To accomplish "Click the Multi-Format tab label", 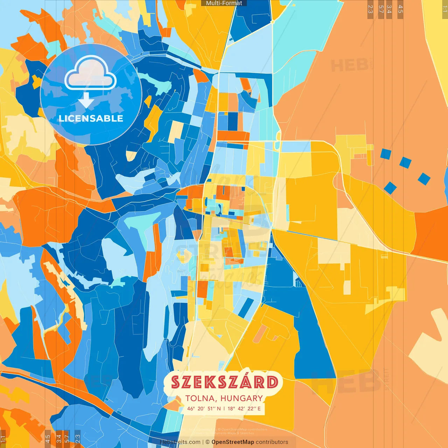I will pos(224,3).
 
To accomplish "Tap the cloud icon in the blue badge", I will pos(91,74).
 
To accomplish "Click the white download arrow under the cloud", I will pos(86,100).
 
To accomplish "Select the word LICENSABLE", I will pos(91,118).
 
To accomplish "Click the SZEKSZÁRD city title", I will pos(224,382).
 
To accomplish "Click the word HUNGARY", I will pos(241,398).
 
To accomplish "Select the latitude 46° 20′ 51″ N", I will pos(204,408).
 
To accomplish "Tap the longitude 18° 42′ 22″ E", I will pos(244,408).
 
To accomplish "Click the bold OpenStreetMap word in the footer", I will pos(233,442).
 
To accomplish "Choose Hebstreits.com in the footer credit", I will pos(180,442).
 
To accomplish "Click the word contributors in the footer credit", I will pos(272,442).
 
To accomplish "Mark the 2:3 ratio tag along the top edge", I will pos(370,9).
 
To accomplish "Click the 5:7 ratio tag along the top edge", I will pos(381,9).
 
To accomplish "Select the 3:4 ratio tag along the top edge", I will pos(389,9).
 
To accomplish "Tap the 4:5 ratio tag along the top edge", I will pos(400,9).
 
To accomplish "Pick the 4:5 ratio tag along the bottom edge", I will pos(48,439).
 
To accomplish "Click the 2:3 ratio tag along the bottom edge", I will pos(78,439).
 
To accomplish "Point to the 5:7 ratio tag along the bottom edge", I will pos(67,439).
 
